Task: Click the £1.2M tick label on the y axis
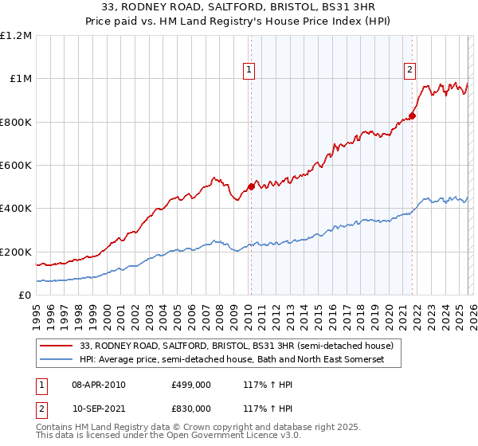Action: click(16, 35)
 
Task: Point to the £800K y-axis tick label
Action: click(16, 122)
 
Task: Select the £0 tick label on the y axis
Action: click(24, 295)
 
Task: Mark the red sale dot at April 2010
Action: click(251, 186)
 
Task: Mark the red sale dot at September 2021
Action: click(412, 115)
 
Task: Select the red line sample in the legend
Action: click(57, 346)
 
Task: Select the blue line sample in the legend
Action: click(57, 360)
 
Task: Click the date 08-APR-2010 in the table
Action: click(98, 385)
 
